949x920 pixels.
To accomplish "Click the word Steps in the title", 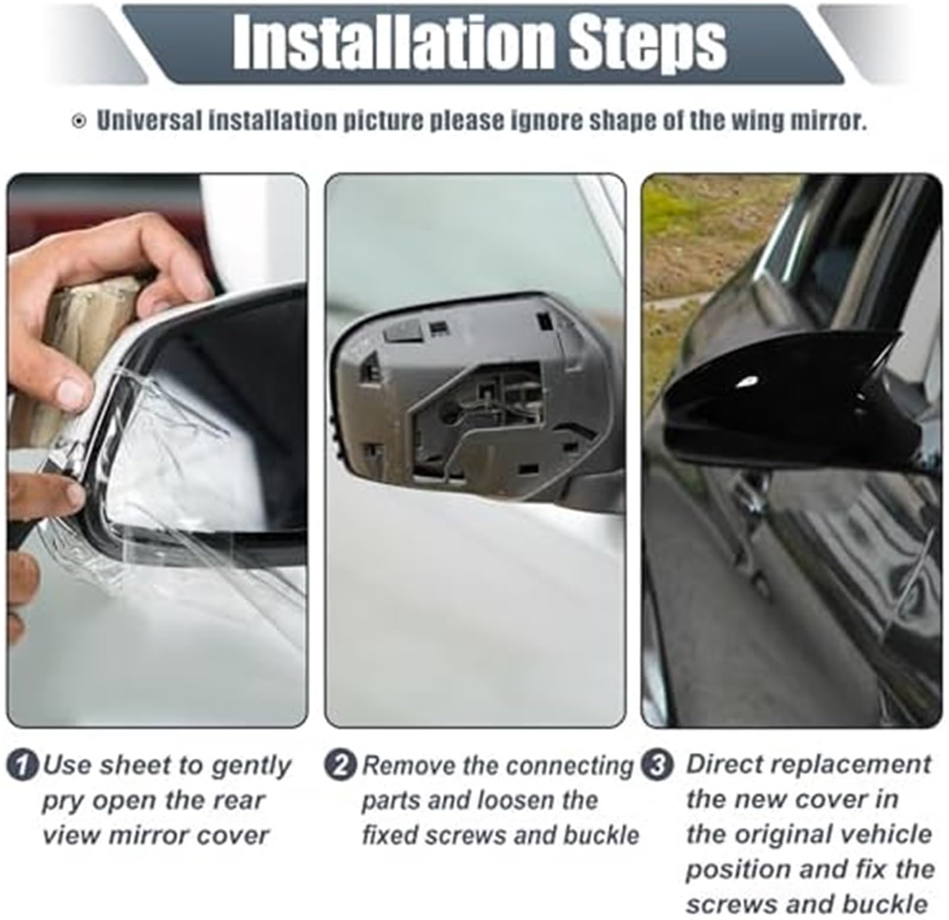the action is click(647, 44).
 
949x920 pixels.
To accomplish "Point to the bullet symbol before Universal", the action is click(78, 122).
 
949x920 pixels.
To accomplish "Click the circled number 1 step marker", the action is click(23, 765).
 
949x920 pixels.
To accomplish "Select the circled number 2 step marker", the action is click(340, 765).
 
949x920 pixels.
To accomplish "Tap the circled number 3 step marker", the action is click(658, 765).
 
